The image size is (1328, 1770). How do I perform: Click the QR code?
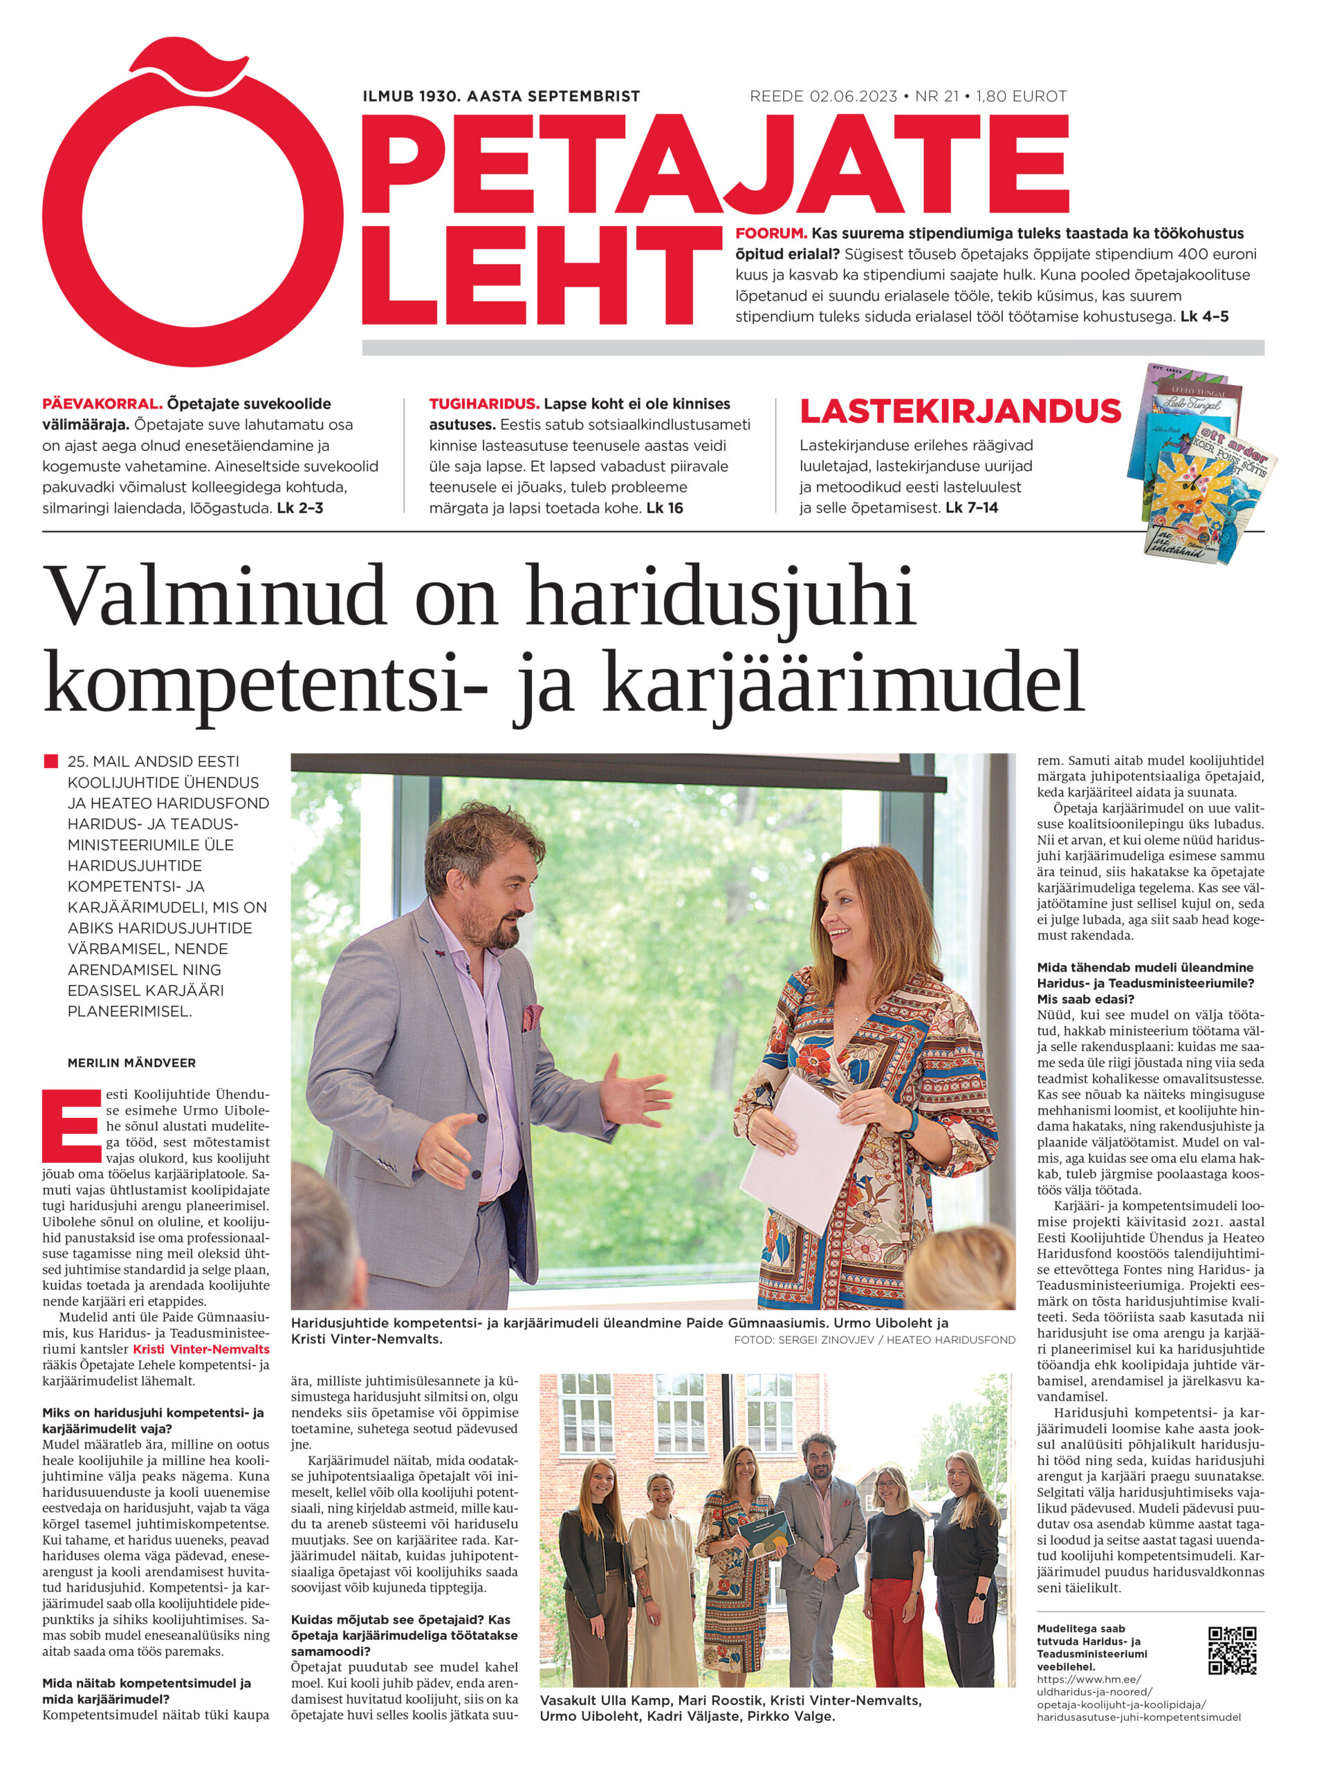(1231, 1650)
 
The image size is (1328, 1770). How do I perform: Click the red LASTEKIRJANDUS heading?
(960, 411)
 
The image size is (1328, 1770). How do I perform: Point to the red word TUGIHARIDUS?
(483, 404)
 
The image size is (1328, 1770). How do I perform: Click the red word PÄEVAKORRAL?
(102, 404)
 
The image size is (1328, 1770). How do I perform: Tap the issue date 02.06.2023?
(854, 97)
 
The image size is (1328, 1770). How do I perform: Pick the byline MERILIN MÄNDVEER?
(131, 1063)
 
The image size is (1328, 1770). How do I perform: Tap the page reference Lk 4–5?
(1205, 316)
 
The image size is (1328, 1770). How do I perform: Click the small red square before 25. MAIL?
(50, 761)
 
